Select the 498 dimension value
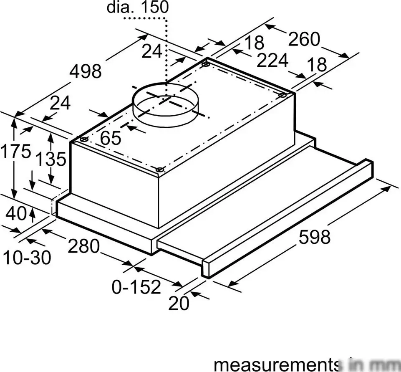click(85, 71)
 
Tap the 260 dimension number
click(304, 39)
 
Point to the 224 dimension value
click(272, 61)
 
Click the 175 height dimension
click(15, 151)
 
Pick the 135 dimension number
click(50, 159)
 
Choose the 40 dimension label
click(16, 214)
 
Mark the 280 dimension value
click(84, 246)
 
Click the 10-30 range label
click(27, 258)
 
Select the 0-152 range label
click(136, 287)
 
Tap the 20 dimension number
click(179, 304)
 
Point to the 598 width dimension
click(314, 237)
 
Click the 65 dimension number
click(111, 138)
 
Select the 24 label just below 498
click(60, 103)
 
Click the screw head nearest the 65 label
click(84, 139)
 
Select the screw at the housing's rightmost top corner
click(282, 95)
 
